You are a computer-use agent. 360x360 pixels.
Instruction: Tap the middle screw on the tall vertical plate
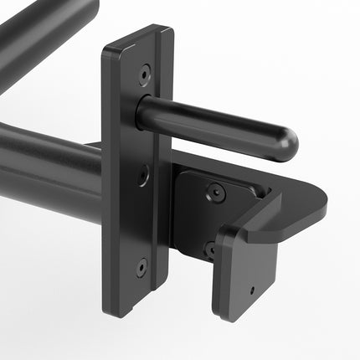pos(144,175)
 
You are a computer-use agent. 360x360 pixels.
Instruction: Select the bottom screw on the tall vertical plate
pos(141,268)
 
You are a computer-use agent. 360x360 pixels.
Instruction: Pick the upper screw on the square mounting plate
pos(217,193)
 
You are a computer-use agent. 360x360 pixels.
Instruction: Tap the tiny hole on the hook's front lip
pos(252,292)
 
